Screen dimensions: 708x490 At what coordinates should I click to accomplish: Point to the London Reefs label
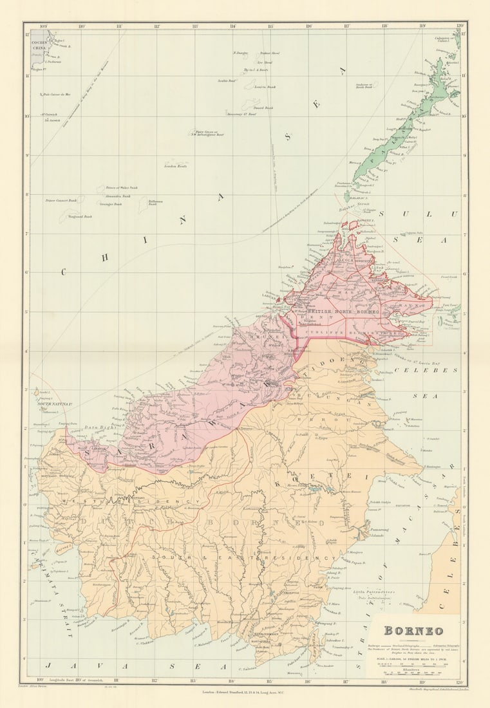click(175, 166)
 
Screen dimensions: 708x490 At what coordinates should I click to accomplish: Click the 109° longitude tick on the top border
click(44, 26)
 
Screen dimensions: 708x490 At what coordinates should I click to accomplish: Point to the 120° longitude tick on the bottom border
click(458, 681)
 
